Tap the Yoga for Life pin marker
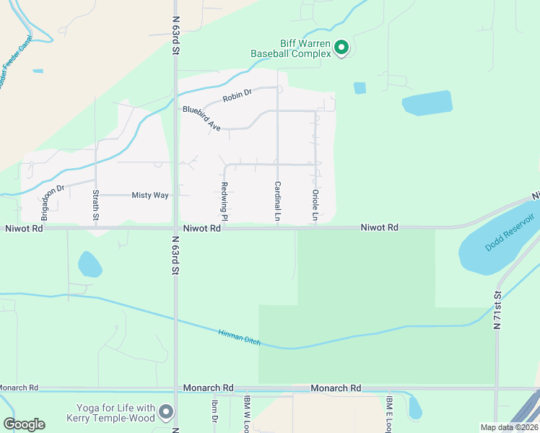(167, 412)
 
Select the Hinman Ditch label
(239, 337)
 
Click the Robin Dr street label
(237, 94)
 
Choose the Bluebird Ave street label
(201, 118)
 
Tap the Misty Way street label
(149, 195)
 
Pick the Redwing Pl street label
(225, 201)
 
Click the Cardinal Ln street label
(277, 201)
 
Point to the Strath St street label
(96, 204)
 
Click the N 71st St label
(497, 310)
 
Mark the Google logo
(24, 424)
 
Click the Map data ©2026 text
(509, 427)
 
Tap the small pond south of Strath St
(90, 264)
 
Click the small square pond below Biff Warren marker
(360, 88)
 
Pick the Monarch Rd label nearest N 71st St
(336, 388)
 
